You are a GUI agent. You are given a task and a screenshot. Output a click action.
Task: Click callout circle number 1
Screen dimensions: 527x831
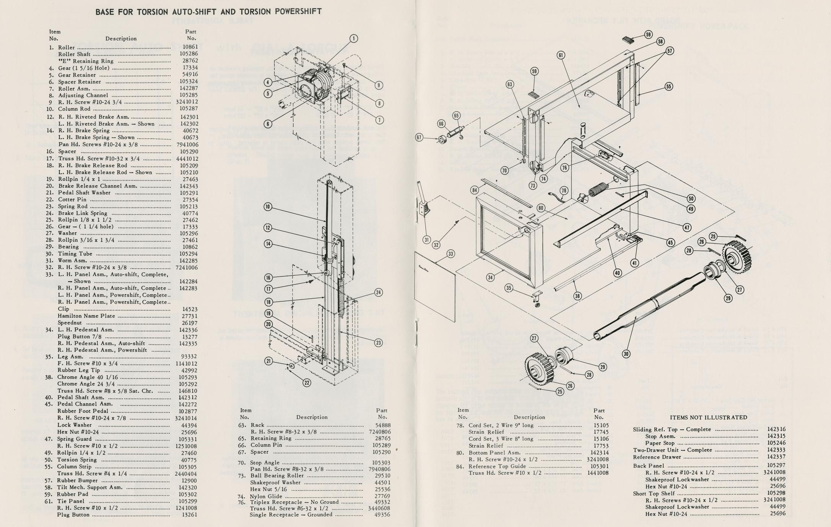354,39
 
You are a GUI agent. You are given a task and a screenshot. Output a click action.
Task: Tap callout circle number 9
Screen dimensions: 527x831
379,86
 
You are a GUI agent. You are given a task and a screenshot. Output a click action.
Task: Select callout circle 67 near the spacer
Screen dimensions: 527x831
420,137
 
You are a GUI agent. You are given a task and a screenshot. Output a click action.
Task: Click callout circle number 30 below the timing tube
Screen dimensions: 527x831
626,354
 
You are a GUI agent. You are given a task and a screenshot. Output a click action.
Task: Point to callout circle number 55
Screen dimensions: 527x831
668,86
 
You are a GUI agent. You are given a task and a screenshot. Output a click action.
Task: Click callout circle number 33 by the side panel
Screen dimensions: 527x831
451,254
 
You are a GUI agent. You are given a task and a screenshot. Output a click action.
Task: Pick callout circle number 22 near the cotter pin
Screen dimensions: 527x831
307,383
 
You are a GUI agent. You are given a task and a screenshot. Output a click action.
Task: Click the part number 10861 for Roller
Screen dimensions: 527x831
190,47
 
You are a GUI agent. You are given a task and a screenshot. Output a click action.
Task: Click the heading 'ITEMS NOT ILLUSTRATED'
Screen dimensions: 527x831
708,417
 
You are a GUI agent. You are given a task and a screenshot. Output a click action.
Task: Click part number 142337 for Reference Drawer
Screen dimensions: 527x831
776,457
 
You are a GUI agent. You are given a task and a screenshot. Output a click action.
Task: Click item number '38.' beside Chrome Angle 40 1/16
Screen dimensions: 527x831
49,377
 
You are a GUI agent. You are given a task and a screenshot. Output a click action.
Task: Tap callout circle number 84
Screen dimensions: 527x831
475,190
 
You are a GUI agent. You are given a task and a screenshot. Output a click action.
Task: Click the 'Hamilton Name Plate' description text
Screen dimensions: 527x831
86,316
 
